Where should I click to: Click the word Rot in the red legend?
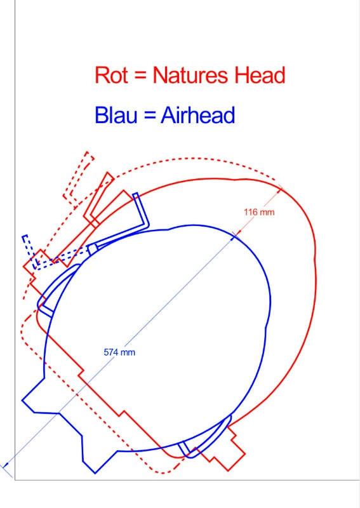tap(111, 75)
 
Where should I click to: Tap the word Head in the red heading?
tap(260, 75)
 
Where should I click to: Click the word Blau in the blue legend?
tap(116, 115)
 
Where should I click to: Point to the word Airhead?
tap(197, 115)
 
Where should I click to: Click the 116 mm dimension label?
tap(259, 212)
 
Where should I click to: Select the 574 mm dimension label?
tap(119, 352)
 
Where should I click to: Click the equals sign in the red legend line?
tap(140, 76)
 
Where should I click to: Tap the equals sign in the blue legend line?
tap(149, 116)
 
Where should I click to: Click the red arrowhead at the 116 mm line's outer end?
tap(279, 190)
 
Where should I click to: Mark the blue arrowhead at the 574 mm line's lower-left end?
tap(6, 465)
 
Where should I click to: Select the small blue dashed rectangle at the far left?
tap(30, 251)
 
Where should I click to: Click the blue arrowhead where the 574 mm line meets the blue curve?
tap(234, 237)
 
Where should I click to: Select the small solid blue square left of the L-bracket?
tap(93, 249)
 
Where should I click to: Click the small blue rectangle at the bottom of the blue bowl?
tap(184, 448)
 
